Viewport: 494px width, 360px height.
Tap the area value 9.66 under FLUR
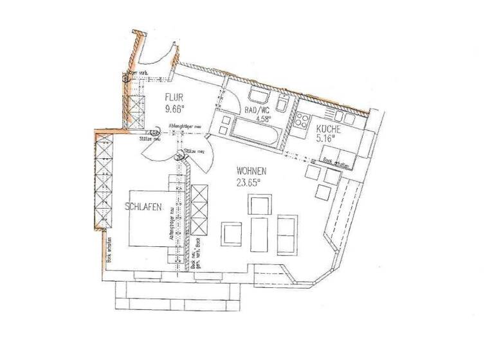(175, 109)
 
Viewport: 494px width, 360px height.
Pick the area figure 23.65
(250, 182)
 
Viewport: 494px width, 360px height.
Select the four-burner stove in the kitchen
(303, 122)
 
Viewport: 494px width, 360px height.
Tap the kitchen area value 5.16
(327, 138)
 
